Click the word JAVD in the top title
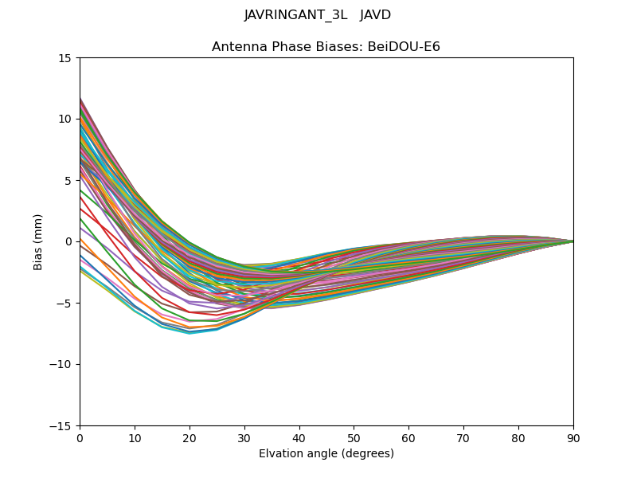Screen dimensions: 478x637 coord(375,15)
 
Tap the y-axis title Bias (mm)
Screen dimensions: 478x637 coord(38,241)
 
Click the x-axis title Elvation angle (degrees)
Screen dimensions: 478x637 coord(326,454)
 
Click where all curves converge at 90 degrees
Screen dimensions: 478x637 coord(573,241)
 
